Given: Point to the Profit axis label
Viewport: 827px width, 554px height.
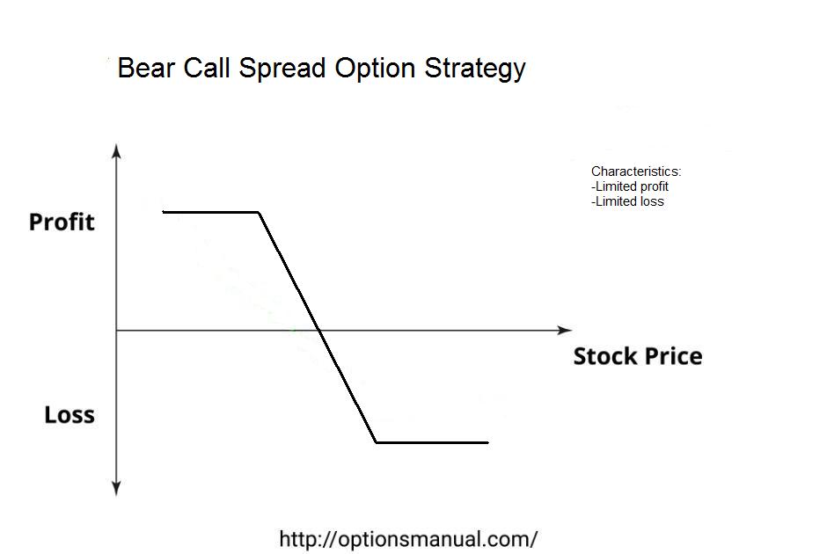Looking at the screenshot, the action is point(62,222).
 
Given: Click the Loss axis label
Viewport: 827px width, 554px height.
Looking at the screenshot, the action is point(70,415).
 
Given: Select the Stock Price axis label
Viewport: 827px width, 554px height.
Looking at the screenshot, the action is point(638,356).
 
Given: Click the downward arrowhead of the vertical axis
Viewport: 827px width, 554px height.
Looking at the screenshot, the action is point(116,489).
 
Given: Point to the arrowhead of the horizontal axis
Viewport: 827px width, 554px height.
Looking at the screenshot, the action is point(565,331).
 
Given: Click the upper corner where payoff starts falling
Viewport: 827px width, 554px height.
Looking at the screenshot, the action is point(259,213).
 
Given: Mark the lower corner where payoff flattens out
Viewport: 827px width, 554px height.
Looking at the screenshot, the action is point(376,442).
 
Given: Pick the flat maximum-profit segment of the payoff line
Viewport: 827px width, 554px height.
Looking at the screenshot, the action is point(210,212).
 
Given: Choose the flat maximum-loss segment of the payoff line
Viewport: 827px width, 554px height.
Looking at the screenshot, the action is point(432,442).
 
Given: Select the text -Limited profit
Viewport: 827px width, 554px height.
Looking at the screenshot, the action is point(630,186).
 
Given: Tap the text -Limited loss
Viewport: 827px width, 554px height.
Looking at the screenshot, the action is point(627,201).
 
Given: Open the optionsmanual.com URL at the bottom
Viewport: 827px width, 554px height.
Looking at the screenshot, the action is point(408,540).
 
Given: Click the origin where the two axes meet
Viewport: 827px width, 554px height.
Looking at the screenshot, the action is point(116,331).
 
